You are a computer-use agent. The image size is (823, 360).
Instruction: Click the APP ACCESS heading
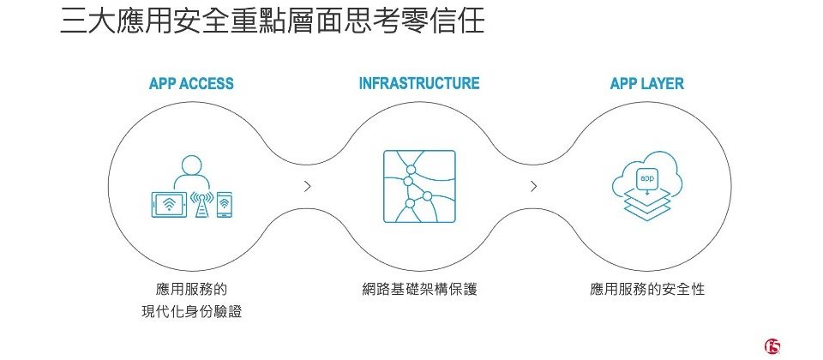pyautogui.click(x=191, y=84)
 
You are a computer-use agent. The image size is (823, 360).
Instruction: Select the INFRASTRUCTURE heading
pyautogui.click(x=418, y=84)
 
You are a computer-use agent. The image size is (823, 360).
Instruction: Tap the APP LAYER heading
pyautogui.click(x=646, y=84)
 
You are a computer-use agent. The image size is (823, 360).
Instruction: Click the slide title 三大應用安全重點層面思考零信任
pyautogui.click(x=273, y=21)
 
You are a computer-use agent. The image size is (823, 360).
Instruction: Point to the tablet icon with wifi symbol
pyautogui.click(x=168, y=204)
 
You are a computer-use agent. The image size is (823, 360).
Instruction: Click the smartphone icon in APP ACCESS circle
pyautogui.click(x=225, y=204)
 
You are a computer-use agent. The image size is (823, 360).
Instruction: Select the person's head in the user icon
pyautogui.click(x=191, y=164)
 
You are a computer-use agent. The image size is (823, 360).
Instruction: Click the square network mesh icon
pyautogui.click(x=419, y=187)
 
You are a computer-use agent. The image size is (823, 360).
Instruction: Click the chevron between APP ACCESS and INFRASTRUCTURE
pyautogui.click(x=307, y=185)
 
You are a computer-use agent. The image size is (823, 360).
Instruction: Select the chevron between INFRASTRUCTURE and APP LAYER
pyautogui.click(x=534, y=185)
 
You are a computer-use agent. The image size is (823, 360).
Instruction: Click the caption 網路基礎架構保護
pyautogui.click(x=419, y=290)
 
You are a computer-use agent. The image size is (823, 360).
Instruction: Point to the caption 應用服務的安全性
pyautogui.click(x=647, y=290)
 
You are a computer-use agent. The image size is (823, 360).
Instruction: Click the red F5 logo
pyautogui.click(x=772, y=345)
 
